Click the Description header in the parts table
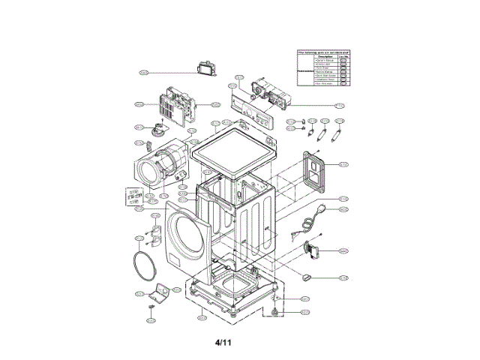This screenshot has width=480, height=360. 325,56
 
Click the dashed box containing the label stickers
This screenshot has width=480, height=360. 134,196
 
